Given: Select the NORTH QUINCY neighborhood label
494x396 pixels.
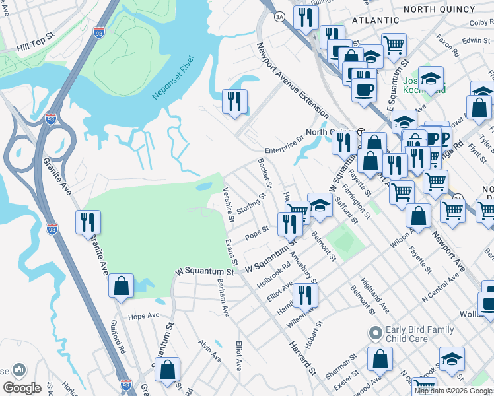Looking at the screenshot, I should click(x=439, y=9).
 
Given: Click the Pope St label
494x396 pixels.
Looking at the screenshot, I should click(x=256, y=232).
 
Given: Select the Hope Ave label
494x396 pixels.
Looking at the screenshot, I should click(x=145, y=316).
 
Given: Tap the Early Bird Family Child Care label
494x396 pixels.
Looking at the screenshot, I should click(x=421, y=334).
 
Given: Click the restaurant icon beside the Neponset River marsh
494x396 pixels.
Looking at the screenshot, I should click(x=234, y=102).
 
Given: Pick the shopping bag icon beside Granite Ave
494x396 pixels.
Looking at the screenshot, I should click(x=121, y=286).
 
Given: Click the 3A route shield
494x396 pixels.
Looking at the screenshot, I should click(x=279, y=16).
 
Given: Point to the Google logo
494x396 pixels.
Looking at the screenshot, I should click(x=22, y=388).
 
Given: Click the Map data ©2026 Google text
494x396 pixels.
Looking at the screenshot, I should click(x=453, y=391).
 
